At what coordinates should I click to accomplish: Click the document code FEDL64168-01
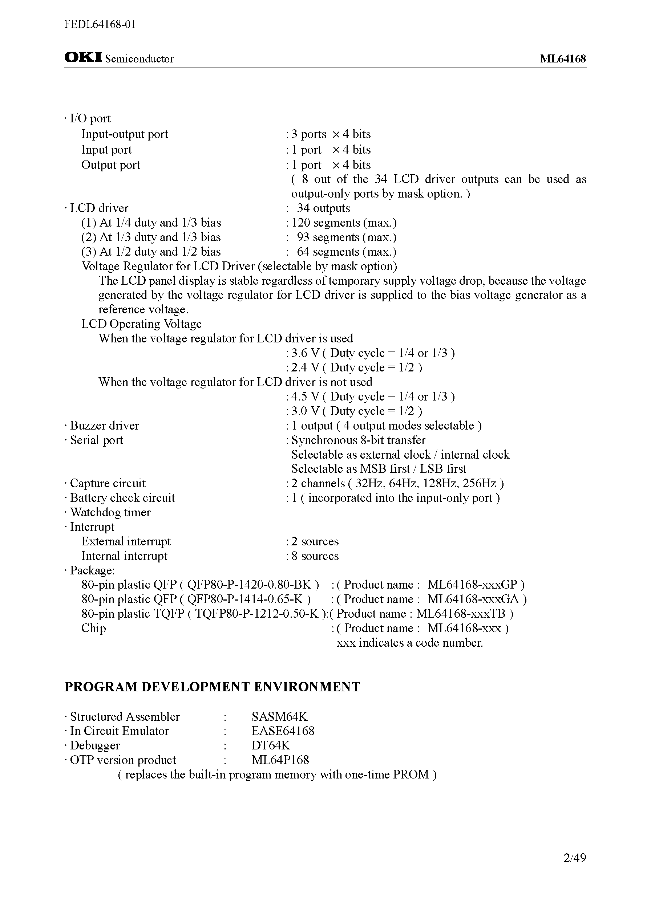[100, 24]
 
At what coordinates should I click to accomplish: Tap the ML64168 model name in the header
[562, 59]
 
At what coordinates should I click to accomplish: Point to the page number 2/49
[574, 858]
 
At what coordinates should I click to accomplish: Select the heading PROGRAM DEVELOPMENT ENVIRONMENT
[212, 687]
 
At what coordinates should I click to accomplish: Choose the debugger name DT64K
[271, 745]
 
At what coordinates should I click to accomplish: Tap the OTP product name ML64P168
[280, 760]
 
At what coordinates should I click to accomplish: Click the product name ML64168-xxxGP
[472, 585]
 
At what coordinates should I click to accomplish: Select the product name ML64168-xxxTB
[461, 613]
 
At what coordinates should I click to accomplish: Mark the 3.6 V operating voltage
[305, 353]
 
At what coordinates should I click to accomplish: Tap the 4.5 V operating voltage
[305, 396]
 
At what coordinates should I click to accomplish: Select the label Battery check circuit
[122, 498]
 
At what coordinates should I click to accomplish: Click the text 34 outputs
[323, 208]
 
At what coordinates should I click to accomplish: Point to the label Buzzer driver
[104, 426]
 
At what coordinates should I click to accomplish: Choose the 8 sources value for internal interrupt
[315, 556]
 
